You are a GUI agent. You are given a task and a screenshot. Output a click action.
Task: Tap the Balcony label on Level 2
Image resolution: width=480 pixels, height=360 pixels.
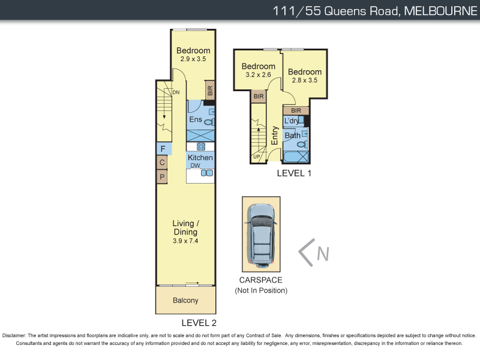click(x=185, y=301)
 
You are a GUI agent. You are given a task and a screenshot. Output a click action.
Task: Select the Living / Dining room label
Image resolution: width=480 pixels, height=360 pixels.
click(x=185, y=228)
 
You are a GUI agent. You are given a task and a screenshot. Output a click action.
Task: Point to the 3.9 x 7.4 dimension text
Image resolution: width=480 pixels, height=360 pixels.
click(x=185, y=241)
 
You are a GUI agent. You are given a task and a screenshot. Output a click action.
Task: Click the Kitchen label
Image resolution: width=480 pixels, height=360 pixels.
click(x=199, y=158)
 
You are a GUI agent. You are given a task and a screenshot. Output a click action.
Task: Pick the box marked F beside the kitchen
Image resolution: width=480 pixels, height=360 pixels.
click(x=162, y=149)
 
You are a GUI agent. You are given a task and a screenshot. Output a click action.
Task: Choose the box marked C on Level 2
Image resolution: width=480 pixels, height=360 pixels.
click(x=162, y=163)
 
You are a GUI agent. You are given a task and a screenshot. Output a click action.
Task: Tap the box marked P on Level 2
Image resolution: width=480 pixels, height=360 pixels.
click(x=162, y=177)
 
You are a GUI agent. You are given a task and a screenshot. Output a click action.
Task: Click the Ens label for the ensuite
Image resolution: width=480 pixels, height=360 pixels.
click(x=196, y=119)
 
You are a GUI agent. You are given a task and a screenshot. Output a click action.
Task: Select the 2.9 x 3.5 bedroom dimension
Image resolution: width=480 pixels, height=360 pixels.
click(x=193, y=59)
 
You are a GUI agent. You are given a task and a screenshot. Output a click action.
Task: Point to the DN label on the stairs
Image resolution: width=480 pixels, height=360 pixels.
click(x=176, y=92)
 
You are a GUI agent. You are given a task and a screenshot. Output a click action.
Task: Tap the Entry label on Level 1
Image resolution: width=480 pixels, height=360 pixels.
click(x=275, y=135)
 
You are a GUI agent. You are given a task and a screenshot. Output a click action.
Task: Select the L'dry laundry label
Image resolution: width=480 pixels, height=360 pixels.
click(x=291, y=122)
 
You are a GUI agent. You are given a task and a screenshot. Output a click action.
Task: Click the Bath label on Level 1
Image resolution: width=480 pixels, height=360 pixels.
click(x=292, y=136)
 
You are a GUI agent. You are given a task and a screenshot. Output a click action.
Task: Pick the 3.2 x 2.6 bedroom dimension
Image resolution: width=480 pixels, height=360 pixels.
click(x=258, y=75)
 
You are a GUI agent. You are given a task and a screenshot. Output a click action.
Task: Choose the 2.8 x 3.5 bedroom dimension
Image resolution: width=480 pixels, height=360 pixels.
click(x=304, y=80)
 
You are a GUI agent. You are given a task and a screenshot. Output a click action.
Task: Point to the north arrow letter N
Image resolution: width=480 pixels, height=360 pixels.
click(x=323, y=254)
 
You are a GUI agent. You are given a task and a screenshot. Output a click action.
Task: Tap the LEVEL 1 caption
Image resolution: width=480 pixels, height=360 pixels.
click(x=295, y=173)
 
